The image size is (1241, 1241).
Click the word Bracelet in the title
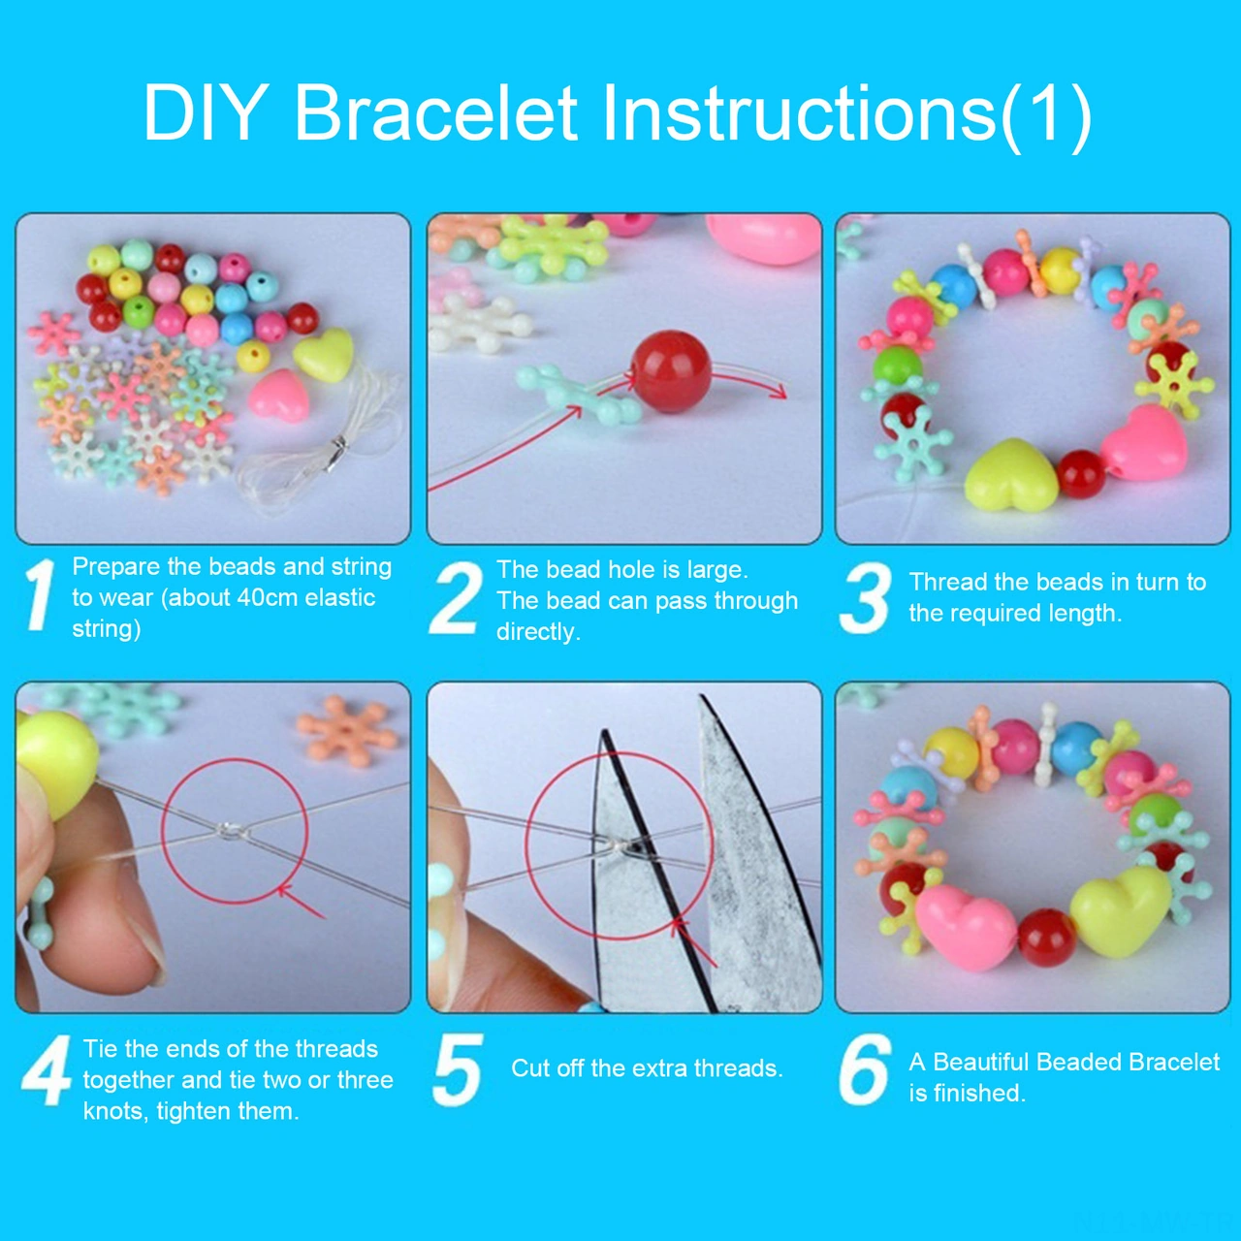(435, 113)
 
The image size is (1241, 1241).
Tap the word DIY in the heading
(205, 113)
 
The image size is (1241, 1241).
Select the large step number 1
(40, 594)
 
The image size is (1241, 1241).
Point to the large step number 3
(865, 598)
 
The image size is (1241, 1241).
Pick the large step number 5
(458, 1069)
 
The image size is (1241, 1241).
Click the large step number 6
(865, 1069)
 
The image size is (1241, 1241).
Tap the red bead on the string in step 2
(671, 371)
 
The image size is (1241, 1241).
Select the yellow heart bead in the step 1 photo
(324, 354)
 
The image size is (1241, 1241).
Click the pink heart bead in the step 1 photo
(279, 395)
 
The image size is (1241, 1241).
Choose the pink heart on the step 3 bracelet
(1145, 443)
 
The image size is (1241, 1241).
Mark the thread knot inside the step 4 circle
(230, 830)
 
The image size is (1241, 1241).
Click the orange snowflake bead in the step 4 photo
(346, 729)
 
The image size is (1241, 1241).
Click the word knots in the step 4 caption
(113, 1111)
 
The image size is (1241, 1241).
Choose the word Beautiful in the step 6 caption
(980, 1062)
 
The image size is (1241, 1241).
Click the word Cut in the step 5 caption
(530, 1068)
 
